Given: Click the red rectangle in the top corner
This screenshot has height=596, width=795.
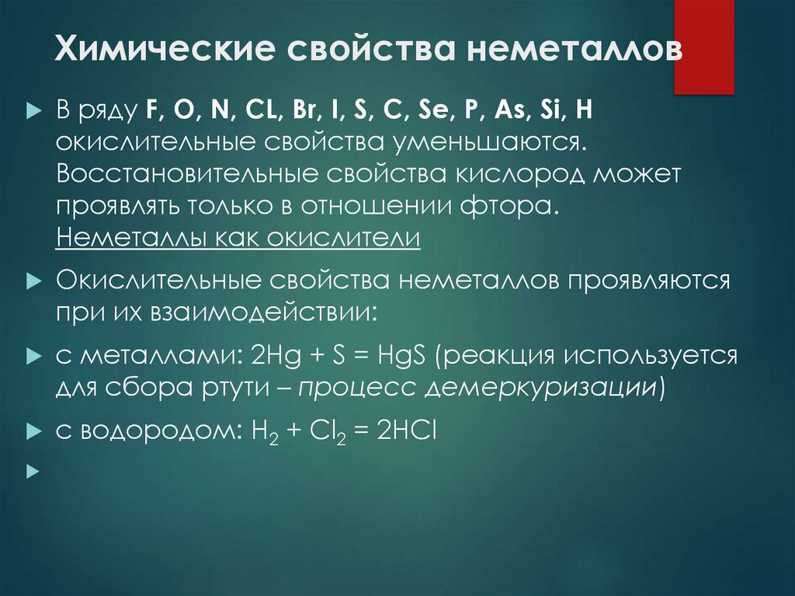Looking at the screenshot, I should tap(703, 47).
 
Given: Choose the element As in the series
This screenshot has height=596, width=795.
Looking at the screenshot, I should tap(505, 111).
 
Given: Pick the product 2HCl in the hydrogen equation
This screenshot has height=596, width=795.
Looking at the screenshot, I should tap(407, 430).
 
